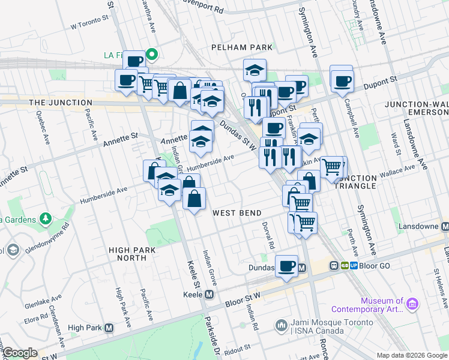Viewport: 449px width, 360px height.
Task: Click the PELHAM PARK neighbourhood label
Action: click(x=241, y=47)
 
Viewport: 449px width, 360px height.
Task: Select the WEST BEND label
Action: click(x=237, y=213)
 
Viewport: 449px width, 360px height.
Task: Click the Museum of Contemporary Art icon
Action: click(x=412, y=305)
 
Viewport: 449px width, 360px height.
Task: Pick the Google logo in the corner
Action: click(x=20, y=353)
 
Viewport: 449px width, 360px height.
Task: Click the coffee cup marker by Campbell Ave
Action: click(x=342, y=80)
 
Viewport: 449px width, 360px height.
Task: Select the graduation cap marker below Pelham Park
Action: click(x=255, y=71)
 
